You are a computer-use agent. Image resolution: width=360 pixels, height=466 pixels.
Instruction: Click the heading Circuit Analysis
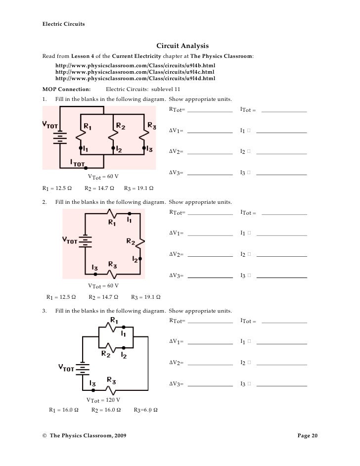click(179, 46)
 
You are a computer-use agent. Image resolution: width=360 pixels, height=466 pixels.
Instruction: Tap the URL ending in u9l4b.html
click(135, 65)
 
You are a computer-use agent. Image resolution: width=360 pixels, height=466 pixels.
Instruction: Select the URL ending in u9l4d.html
click(135, 78)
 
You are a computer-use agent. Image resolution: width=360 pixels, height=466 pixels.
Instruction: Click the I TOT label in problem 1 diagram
click(78, 162)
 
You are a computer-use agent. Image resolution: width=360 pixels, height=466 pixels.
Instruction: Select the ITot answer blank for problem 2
click(284, 213)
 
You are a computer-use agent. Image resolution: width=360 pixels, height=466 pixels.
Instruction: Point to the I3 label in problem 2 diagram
click(94, 268)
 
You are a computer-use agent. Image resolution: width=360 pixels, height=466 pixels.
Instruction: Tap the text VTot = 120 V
click(103, 400)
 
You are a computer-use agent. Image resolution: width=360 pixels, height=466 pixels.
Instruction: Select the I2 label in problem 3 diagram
click(124, 356)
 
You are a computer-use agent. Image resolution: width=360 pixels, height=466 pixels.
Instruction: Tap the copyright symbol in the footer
click(45, 435)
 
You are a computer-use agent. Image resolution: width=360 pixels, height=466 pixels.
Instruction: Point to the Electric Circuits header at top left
click(62, 24)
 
